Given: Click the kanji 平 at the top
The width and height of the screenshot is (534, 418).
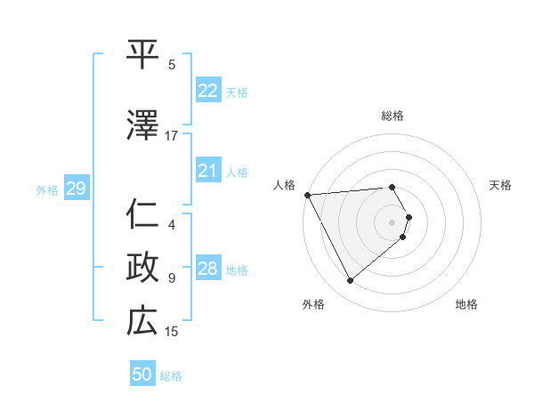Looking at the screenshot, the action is tap(143, 52).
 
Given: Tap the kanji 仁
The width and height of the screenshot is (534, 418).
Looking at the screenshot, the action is tap(143, 213).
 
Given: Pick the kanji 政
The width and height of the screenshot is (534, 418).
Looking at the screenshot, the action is tap(143, 266).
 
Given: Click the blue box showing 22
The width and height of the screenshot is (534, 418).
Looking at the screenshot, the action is tap(208, 91).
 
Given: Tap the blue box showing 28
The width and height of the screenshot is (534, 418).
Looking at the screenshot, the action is tap(208, 269).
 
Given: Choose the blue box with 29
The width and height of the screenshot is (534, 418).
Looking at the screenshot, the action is tap(76, 189).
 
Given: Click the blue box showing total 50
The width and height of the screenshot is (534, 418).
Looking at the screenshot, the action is tap(142, 374).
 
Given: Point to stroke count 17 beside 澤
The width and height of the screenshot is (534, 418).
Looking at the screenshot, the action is tap(172, 136).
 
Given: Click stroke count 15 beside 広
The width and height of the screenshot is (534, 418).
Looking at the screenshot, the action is tap(172, 332).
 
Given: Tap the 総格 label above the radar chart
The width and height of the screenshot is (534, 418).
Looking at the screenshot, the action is tap(392, 116).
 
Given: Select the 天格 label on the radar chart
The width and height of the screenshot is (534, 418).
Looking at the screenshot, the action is tap(500, 185).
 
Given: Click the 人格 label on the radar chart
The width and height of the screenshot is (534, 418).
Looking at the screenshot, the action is tap(285, 185).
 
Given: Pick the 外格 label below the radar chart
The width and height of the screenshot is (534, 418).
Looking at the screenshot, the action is tap(313, 305).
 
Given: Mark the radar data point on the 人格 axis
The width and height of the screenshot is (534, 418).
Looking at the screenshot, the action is tap(307, 195).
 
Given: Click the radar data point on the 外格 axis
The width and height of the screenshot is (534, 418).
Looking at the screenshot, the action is tap(350, 281).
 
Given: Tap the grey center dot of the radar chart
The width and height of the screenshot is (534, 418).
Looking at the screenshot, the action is tap(392, 221).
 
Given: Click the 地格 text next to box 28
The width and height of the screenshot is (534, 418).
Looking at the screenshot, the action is tap(238, 270).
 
